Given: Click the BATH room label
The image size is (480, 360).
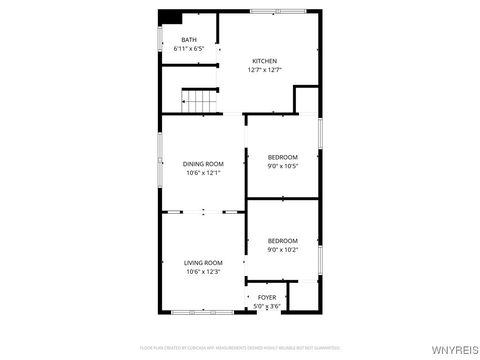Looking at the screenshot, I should tap(189, 40).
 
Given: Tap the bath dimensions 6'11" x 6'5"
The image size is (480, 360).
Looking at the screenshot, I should tap(189, 48).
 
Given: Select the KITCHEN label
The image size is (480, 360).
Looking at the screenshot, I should tap(265, 61).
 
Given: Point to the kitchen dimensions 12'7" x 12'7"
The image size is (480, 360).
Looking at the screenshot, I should tap(265, 70).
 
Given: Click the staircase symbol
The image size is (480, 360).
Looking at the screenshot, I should tap(199, 100).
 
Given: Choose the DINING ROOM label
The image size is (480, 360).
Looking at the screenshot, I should tap(203, 164).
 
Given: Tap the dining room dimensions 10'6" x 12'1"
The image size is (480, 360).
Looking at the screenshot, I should tap(203, 173).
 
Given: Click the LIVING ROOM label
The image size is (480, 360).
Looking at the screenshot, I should tap(203, 263).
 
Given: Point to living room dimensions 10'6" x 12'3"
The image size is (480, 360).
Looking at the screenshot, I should tap(203, 272).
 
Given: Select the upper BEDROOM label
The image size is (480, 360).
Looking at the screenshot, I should tap(283, 157).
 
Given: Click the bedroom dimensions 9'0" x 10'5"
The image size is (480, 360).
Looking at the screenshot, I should tap(283, 166).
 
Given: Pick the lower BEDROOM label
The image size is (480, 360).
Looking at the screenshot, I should tap(283, 240).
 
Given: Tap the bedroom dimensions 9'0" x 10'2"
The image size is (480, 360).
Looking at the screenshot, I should tap(283, 249).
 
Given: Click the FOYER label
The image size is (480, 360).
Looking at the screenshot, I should tap(267, 297).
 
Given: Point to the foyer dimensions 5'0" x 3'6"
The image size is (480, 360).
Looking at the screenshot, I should tap(267, 305).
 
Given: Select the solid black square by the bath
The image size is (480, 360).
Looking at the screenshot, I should tap(170, 17).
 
